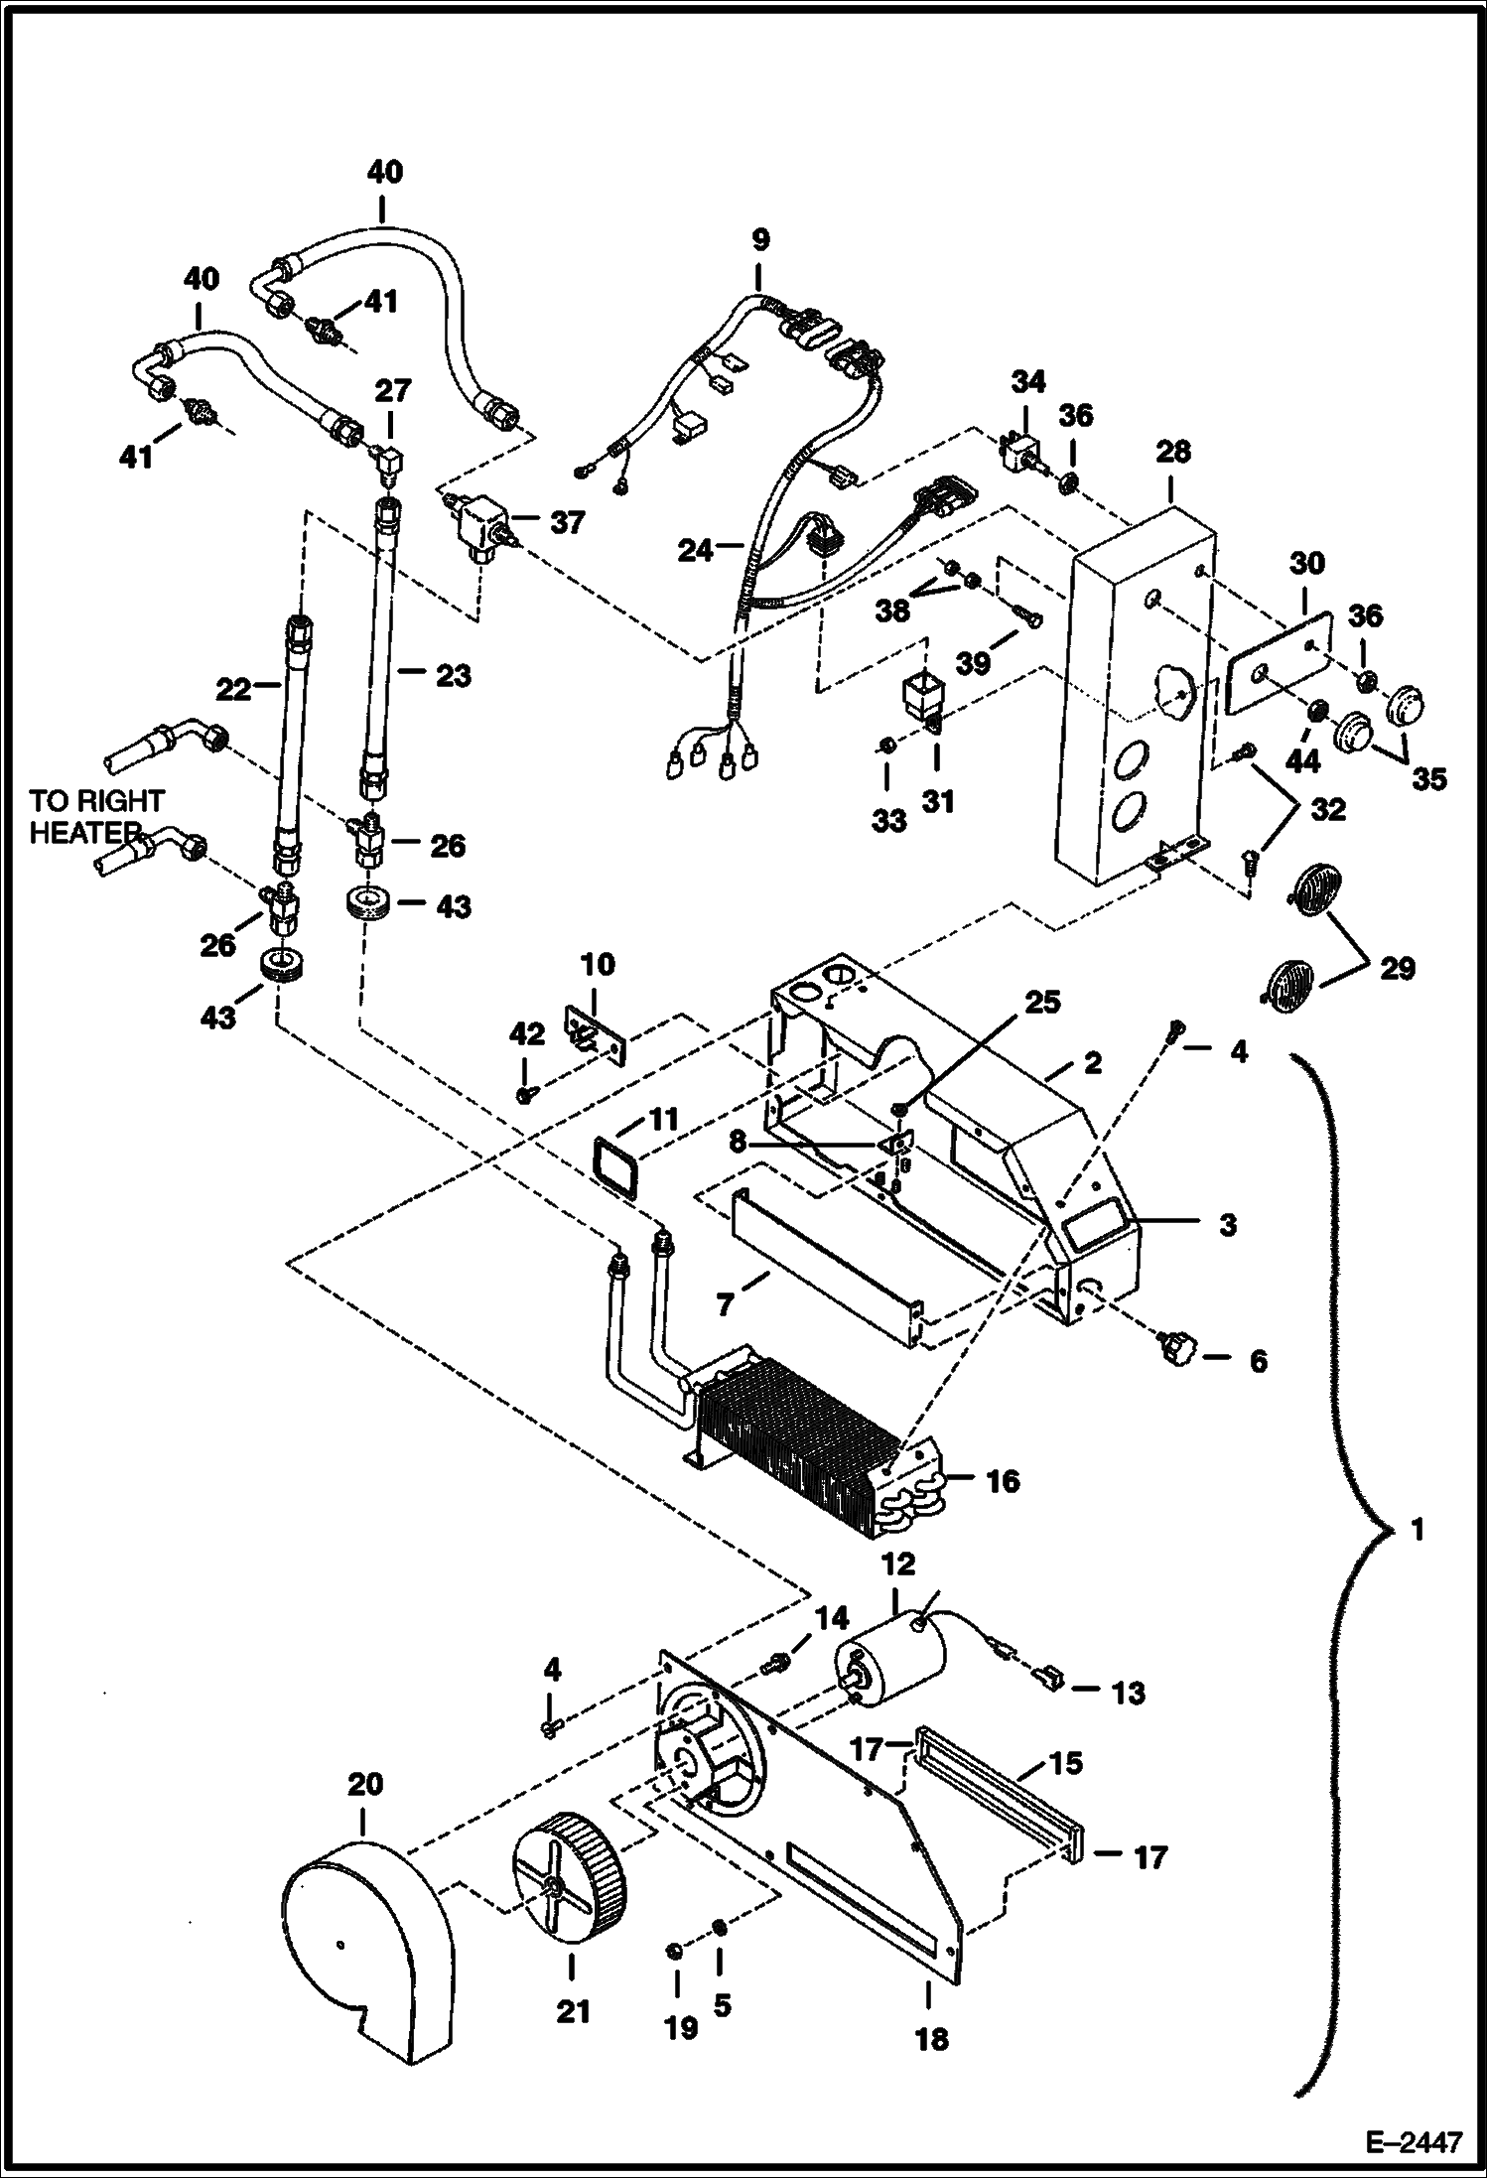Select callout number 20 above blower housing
[364, 1784]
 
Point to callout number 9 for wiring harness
[760, 239]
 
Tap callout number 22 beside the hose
[233, 688]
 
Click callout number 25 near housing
[1042, 1002]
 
